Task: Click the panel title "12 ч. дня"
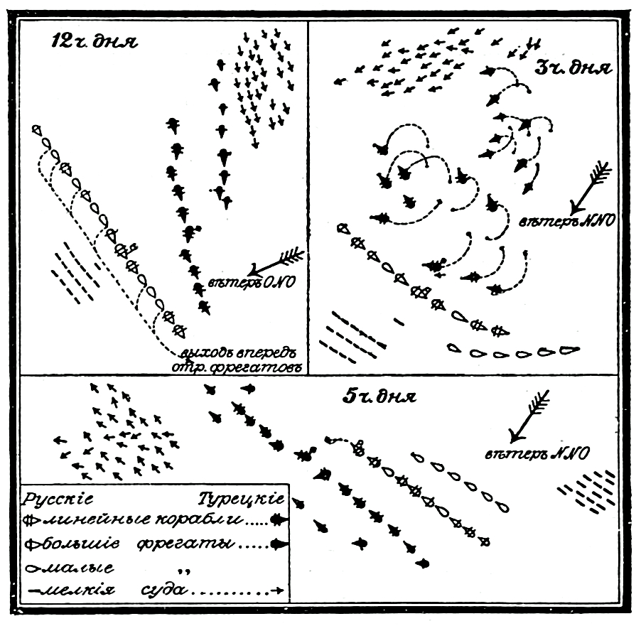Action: [x=88, y=41]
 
